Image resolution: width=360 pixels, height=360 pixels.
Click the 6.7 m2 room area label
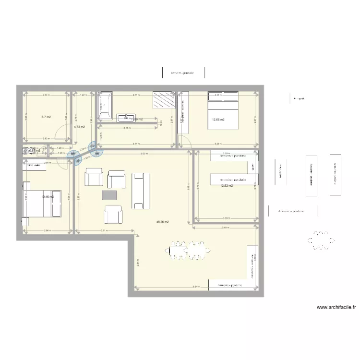pos(46,117)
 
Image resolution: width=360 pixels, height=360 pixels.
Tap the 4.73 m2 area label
pos(79,127)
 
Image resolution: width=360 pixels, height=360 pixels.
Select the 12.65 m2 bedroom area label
pos(218,119)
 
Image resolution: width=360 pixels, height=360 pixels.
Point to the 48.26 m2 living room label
pos(163,222)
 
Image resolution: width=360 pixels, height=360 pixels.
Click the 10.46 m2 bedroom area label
pos(47,196)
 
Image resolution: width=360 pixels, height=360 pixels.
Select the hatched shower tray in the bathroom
pos(163,101)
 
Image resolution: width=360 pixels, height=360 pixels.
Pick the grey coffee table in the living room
pos(109,194)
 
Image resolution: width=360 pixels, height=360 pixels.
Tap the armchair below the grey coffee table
pos(113,214)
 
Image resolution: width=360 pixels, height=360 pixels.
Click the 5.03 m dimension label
pos(144,154)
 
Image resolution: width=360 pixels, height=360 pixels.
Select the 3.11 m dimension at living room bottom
pos(104,231)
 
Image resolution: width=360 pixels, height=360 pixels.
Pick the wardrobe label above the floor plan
pos(182,73)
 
